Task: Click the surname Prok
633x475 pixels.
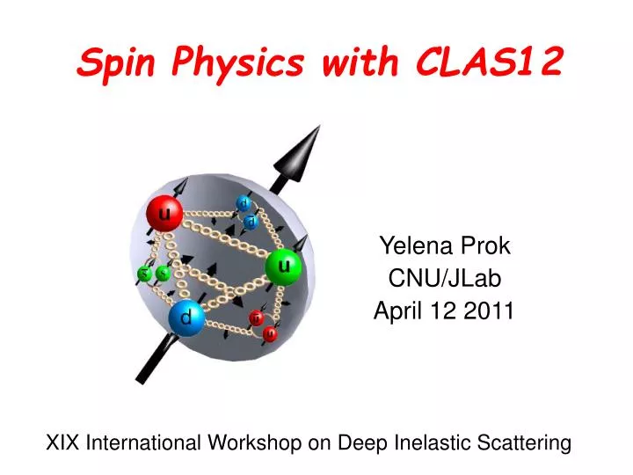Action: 489,247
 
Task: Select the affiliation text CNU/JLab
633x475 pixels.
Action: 445,279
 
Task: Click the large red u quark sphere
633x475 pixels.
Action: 164,213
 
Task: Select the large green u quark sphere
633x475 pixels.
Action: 283,267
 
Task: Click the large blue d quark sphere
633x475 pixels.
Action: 186,317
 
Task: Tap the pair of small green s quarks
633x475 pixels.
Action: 153,274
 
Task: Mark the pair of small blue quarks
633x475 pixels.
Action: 247,212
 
